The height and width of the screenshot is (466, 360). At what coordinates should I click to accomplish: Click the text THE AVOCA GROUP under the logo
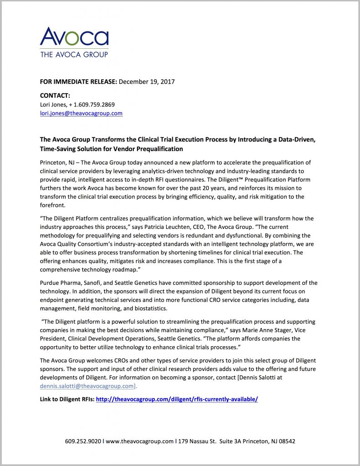click(74, 55)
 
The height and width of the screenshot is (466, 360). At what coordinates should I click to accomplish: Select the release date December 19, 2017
click(147, 82)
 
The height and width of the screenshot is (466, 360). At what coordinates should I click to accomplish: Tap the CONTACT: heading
click(55, 96)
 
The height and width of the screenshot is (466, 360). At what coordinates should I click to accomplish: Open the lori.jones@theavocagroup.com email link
click(81, 113)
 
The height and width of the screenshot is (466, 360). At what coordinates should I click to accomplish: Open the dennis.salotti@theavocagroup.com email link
click(87, 386)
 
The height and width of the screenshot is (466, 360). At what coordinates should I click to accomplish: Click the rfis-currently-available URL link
click(177, 399)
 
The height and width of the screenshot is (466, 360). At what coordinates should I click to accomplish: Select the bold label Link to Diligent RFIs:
click(67, 399)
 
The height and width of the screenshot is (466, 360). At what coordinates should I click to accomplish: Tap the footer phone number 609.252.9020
click(82, 441)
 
